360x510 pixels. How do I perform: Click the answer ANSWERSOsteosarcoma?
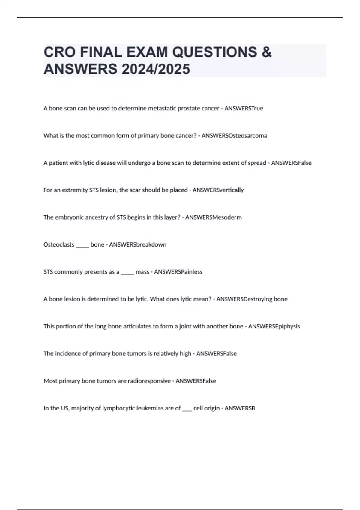(x=234, y=136)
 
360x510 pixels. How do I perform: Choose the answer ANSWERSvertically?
(x=218, y=190)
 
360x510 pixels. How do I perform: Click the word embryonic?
(x=69, y=217)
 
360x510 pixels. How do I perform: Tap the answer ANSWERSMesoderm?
(x=213, y=217)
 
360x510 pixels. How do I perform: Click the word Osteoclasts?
(x=59, y=245)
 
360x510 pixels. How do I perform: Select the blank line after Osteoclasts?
(x=82, y=245)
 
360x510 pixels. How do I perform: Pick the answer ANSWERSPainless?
(x=178, y=272)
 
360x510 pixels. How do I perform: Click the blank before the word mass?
(x=127, y=273)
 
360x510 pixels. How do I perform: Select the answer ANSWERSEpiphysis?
(x=274, y=326)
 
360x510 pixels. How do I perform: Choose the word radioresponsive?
(x=149, y=381)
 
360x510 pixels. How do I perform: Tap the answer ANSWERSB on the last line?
(x=240, y=408)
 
